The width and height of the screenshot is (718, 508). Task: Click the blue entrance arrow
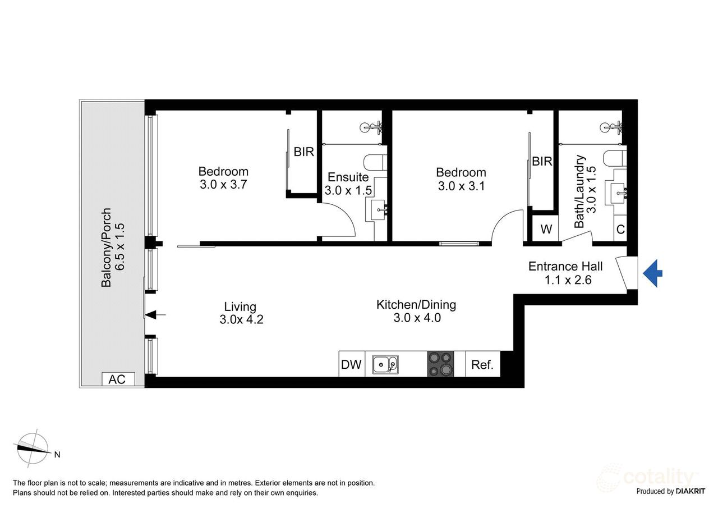pyautogui.click(x=653, y=274)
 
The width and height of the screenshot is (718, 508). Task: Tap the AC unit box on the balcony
pyautogui.click(x=117, y=379)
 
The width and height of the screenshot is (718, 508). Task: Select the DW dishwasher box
pyautogui.click(x=352, y=364)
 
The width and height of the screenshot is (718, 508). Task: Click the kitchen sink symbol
pyautogui.click(x=385, y=364)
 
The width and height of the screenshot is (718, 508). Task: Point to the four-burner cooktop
pyautogui.click(x=440, y=364)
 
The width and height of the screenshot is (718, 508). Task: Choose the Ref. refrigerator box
pyautogui.click(x=482, y=364)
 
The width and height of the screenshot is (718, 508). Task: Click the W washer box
pyautogui.click(x=545, y=230)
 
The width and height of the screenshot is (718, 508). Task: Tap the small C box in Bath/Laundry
pyautogui.click(x=620, y=230)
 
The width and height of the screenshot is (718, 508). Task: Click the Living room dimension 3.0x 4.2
pyautogui.click(x=241, y=320)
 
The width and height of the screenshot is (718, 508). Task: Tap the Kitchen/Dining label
pyautogui.click(x=416, y=305)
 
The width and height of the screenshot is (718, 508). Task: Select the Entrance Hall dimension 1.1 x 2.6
pyautogui.click(x=568, y=280)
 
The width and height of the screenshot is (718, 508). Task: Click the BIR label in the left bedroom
pyautogui.click(x=303, y=152)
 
